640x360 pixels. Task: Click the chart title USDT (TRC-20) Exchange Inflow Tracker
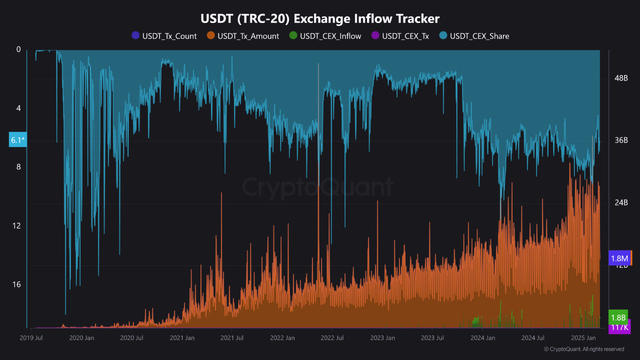(320, 18)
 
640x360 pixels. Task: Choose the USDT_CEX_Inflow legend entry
(325, 36)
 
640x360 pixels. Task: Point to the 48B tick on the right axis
(620, 78)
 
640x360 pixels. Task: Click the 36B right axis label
(620, 140)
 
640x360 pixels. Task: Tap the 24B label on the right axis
(620, 202)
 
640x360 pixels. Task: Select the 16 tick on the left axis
(18, 284)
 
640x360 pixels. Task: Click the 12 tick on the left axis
(18, 225)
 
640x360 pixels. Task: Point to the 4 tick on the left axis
(18, 108)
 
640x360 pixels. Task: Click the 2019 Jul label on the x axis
(31, 338)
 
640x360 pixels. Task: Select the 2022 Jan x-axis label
(282, 338)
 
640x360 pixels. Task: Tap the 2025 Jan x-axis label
(583, 338)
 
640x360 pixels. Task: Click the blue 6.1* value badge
(17, 140)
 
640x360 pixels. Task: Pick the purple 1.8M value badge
(619, 258)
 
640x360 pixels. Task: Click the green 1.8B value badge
(618, 317)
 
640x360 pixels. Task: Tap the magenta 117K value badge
(619, 327)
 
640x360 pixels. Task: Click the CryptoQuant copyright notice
(583, 349)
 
